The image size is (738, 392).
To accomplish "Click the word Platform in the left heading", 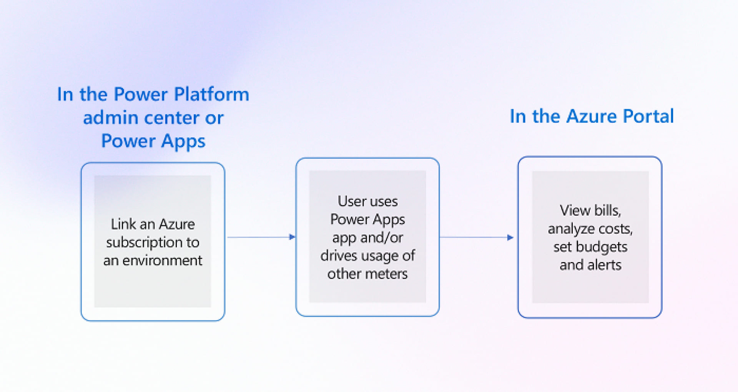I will coord(211,95).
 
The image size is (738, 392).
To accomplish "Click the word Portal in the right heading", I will coord(648,116).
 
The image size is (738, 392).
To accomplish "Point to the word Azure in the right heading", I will coord(592,116).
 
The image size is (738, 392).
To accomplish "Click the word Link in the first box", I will coord(123,224).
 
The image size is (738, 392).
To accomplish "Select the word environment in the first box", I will coord(162,261).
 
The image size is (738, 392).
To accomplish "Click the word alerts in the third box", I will coord(604,265).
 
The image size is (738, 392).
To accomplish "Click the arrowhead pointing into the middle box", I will coord(292,237).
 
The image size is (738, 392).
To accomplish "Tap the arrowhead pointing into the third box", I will coord(510,238).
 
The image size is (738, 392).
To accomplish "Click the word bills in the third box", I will coord(607,210).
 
